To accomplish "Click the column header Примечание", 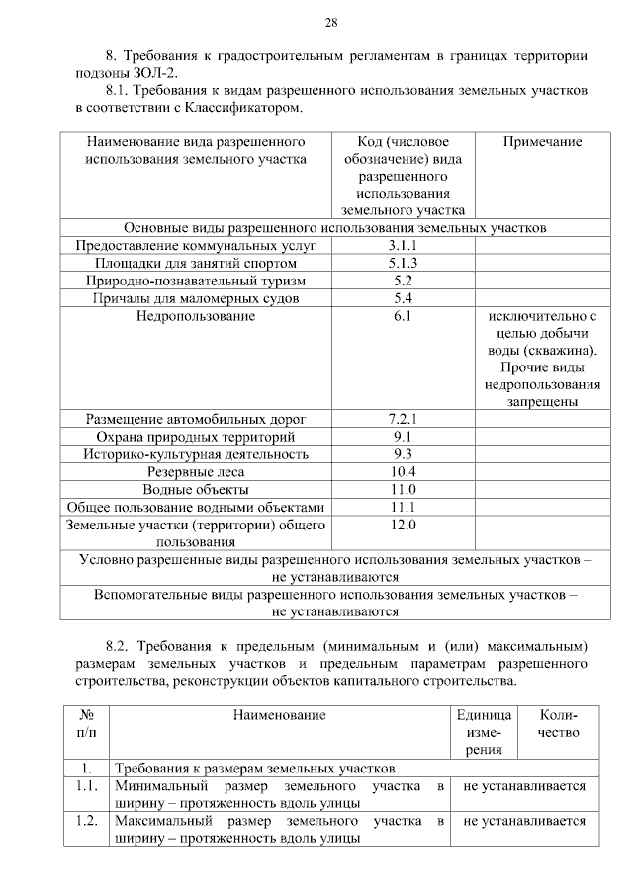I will tap(542, 142).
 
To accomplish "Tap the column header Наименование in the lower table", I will tap(280, 714).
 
